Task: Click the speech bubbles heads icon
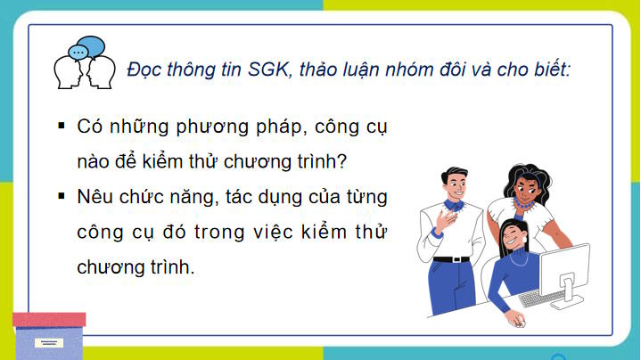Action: [x=86, y=61]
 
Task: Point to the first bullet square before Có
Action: [x=62, y=127]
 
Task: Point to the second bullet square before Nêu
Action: [x=62, y=194]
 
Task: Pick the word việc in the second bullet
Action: [x=276, y=231]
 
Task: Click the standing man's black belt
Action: [x=451, y=259]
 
